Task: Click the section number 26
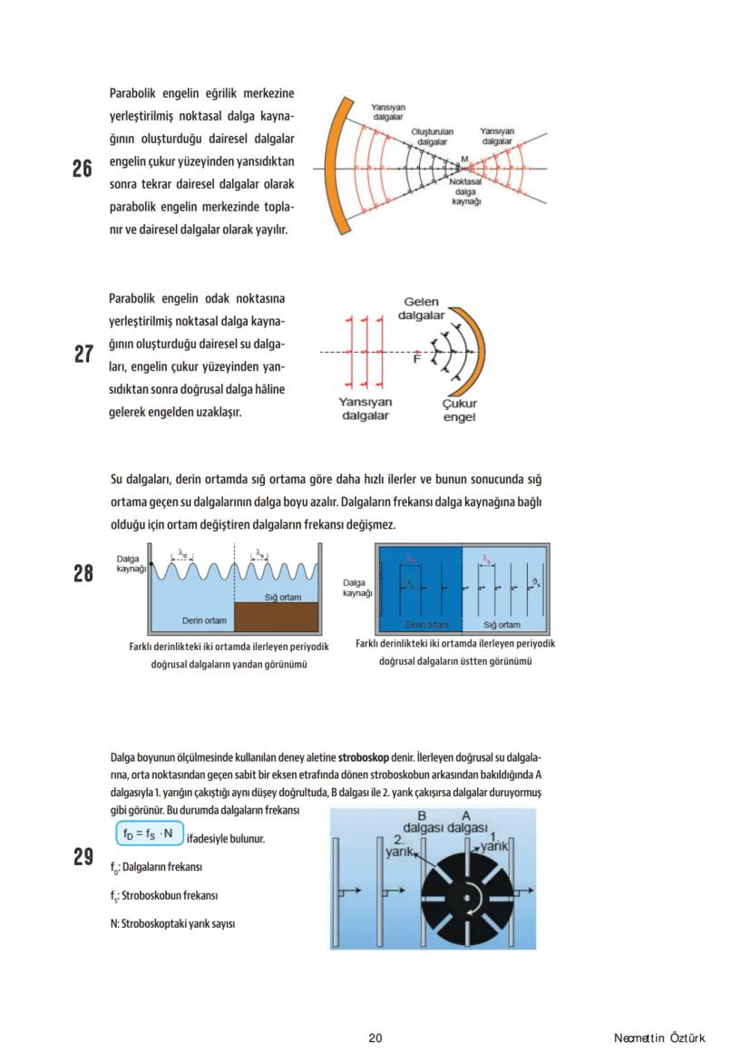pos(83,169)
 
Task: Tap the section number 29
pos(83,857)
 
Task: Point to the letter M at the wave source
pos(464,160)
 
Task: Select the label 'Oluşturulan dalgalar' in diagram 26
pos(432,137)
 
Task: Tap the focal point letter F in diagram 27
pos(416,360)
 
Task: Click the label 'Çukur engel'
pos(459,410)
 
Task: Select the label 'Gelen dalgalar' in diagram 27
pos(423,309)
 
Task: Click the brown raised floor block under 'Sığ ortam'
pos(277,617)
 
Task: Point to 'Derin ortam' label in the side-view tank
pos(204,620)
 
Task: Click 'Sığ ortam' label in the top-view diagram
pos(502,624)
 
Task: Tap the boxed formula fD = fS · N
pos(149,833)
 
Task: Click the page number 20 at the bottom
pos(375,1038)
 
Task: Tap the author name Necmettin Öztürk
pos(658,1038)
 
